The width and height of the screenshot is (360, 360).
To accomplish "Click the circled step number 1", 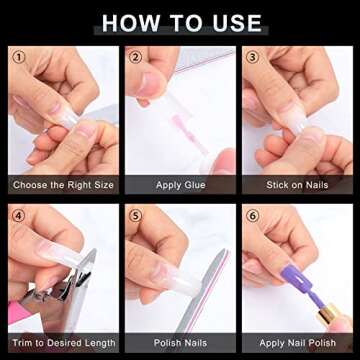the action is click(19, 57).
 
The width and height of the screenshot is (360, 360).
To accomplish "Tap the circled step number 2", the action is click(135, 57).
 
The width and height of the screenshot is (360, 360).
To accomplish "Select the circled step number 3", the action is click(252, 57).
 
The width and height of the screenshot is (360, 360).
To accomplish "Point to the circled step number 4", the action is click(19, 216).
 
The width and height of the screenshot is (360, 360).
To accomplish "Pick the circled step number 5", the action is click(135, 216).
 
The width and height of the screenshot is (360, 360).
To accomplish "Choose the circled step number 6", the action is click(252, 216).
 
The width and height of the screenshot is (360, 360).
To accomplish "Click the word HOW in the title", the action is click(129, 23).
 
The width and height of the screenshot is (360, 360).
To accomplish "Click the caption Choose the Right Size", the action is click(63, 185).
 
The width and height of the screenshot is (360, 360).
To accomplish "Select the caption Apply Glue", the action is click(180, 185).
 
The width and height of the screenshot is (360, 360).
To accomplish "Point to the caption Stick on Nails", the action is click(297, 185).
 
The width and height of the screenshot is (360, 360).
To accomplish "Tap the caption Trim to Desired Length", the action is click(63, 343).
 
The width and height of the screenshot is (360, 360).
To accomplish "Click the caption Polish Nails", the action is click(180, 343).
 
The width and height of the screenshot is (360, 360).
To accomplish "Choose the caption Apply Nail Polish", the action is click(297, 343).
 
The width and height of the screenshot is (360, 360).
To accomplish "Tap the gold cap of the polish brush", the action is click(328, 314).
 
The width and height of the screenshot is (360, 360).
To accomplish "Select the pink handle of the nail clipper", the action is click(18, 313).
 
